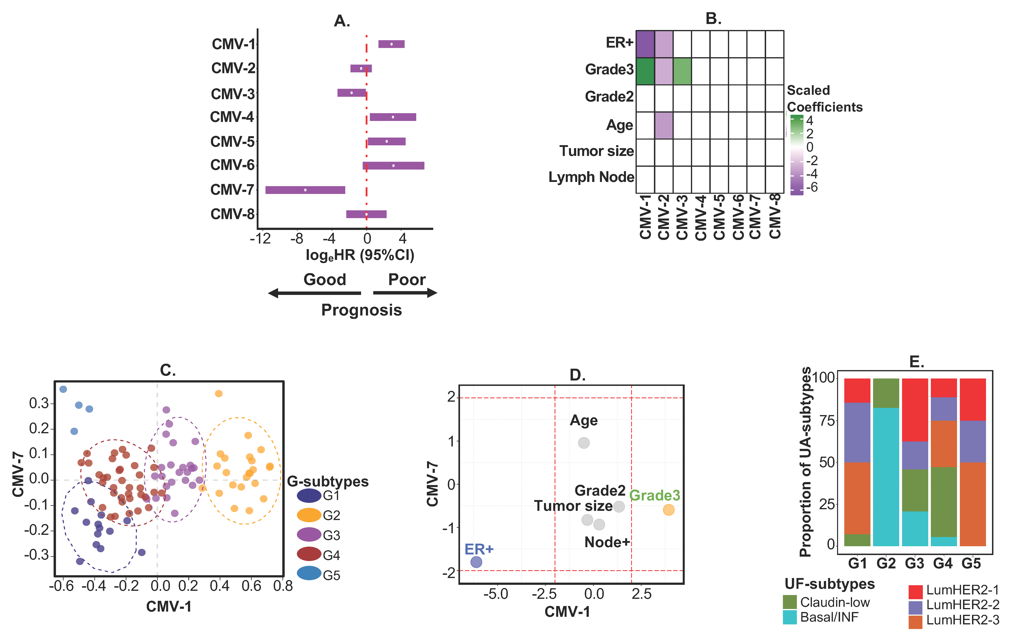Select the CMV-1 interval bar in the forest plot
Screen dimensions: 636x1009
point(391,44)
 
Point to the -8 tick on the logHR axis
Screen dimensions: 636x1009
point(297,239)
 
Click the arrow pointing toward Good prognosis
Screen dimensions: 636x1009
point(314,293)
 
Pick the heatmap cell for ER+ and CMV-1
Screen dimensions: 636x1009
point(645,44)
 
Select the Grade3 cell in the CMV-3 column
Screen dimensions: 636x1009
point(682,71)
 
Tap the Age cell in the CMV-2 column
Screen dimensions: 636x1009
point(664,125)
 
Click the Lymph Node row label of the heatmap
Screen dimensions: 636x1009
point(591,177)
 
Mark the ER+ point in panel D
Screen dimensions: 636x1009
point(476,562)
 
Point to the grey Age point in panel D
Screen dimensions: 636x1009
point(584,443)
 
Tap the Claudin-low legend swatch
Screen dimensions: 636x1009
point(789,602)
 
